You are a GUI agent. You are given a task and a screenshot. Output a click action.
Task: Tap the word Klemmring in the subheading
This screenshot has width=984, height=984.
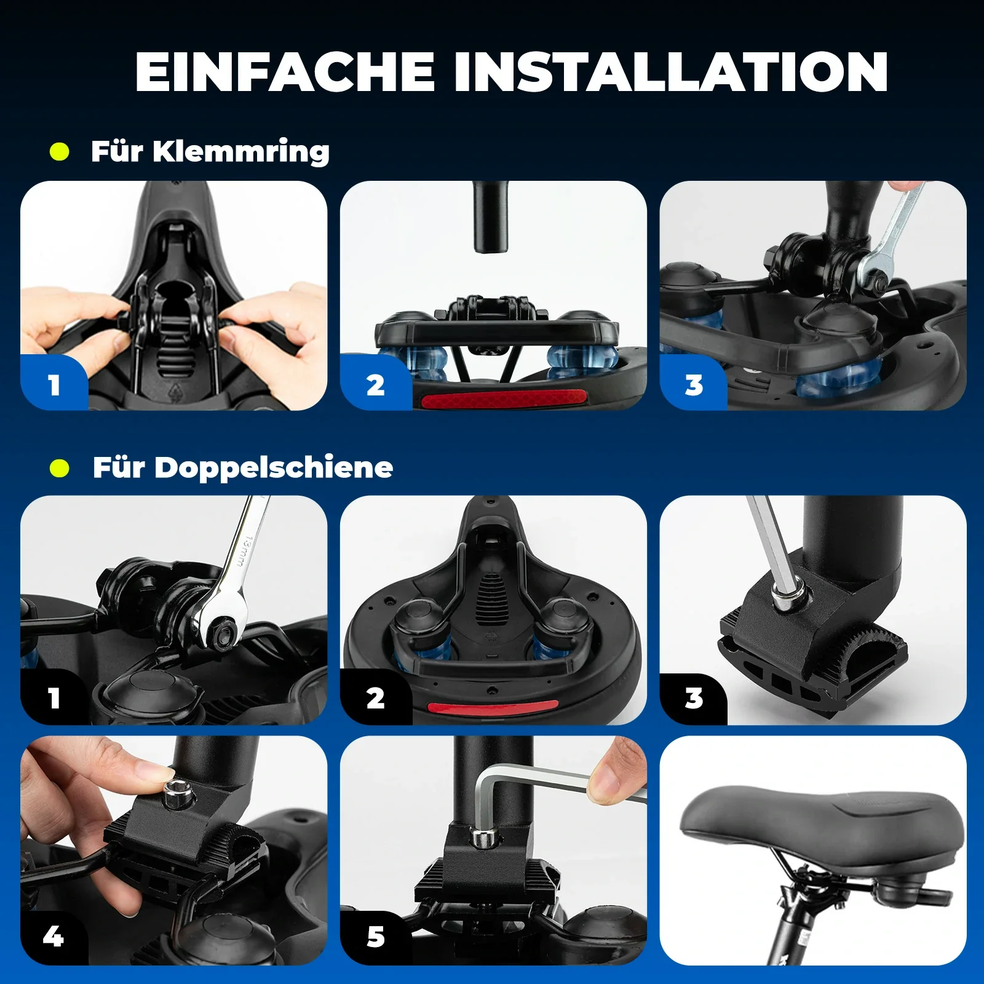(240, 151)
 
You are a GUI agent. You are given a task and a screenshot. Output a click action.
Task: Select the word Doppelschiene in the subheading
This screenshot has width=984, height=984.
(274, 467)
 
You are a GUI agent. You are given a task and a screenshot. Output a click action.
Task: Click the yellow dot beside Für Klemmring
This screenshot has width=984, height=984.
(60, 151)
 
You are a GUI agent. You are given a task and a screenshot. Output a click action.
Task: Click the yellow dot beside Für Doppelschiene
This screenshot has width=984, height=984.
(60, 468)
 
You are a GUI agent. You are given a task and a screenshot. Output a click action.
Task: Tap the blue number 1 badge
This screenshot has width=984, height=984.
(54, 385)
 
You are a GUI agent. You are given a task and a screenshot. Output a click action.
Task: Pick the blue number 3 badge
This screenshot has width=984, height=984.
(694, 385)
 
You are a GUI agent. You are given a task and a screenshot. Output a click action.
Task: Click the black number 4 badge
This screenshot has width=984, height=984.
(54, 936)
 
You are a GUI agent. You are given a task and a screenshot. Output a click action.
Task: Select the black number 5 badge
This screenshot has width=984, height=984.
(375, 936)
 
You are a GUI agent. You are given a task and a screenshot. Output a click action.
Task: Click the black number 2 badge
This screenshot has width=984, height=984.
(375, 698)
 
